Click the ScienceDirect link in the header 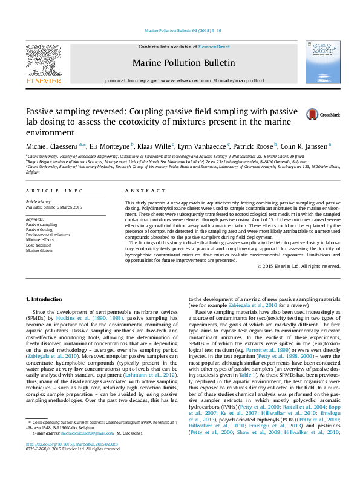click(x=214, y=47)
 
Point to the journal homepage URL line click(x=184, y=80)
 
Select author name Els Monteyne click(x=110, y=146)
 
